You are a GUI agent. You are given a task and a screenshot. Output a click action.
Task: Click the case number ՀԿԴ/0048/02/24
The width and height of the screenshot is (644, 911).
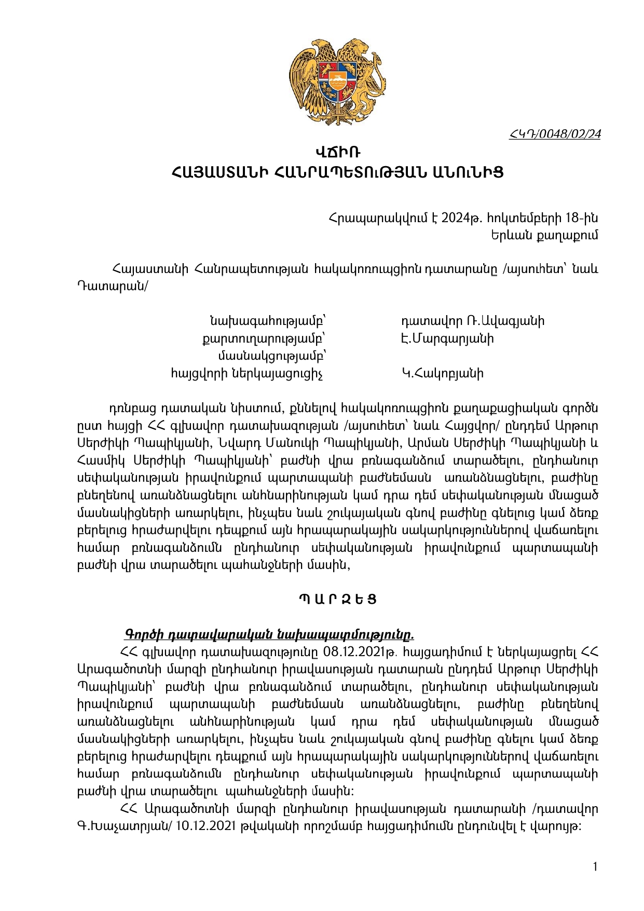555,134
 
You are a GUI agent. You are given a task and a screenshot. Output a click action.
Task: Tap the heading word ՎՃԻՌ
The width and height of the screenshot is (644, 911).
338,153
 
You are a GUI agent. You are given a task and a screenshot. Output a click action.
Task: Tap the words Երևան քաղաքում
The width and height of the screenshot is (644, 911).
544,235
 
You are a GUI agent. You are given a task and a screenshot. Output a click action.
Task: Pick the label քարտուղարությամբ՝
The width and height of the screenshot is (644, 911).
264,338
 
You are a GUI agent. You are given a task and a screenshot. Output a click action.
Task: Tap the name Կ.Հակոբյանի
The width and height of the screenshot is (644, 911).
442,373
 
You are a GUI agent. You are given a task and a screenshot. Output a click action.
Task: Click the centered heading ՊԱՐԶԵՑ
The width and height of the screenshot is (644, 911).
338,599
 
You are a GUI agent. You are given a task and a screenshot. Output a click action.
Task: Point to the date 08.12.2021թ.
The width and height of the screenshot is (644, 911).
360,652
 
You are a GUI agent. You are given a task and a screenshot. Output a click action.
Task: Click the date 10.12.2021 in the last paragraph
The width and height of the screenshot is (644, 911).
205,826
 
